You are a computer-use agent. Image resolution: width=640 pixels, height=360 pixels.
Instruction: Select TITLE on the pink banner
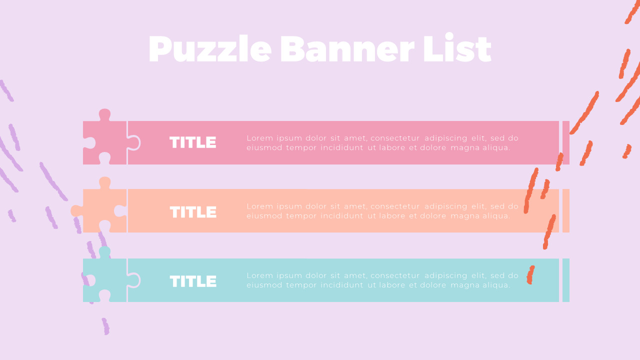pyautogui.click(x=193, y=143)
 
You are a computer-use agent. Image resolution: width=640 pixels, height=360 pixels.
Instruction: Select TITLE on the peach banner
pyautogui.click(x=193, y=212)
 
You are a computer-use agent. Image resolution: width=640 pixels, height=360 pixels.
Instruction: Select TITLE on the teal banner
pyautogui.click(x=193, y=281)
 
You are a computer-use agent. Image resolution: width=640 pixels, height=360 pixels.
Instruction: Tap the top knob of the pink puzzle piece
pyautogui.click(x=104, y=114)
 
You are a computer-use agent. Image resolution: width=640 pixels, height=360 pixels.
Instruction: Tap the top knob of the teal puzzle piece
pyautogui.click(x=104, y=251)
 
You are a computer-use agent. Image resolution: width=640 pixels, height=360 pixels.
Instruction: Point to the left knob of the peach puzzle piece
pyautogui.click(x=76, y=211)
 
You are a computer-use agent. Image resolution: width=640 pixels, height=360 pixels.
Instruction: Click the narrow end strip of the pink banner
pyautogui.click(x=566, y=142)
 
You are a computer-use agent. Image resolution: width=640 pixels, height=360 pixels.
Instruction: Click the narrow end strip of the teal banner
pyautogui.click(x=566, y=280)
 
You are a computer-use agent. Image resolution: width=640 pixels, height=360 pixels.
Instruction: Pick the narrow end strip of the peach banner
pyautogui.click(x=566, y=210)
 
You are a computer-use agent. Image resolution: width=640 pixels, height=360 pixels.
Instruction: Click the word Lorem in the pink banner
pyautogui.click(x=258, y=138)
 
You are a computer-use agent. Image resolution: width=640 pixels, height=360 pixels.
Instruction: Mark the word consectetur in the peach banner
pyautogui.click(x=395, y=206)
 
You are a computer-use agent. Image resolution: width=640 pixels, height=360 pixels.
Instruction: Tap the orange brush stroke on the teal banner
pyautogui.click(x=530, y=274)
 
